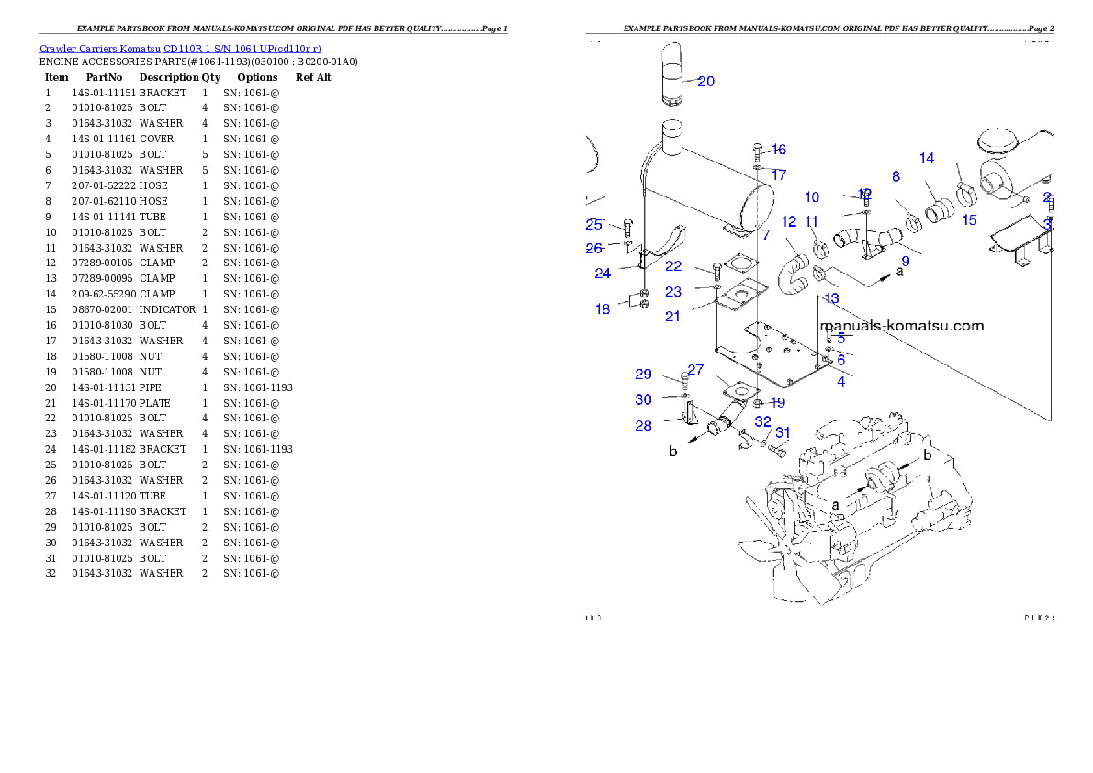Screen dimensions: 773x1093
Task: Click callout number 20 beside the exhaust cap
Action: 705,81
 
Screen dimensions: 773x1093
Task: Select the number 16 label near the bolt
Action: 779,150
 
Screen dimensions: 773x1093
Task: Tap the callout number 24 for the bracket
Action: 603,273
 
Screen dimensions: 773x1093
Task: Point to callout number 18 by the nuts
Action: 603,309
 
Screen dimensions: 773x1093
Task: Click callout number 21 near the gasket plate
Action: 673,316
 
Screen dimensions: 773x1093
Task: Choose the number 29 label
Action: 643,375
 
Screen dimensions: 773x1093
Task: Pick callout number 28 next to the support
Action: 643,426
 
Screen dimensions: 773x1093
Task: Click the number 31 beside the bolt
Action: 783,432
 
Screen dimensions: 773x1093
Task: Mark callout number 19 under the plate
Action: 778,402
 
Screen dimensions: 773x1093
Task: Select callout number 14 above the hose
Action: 927,158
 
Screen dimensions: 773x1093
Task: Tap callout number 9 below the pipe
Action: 905,262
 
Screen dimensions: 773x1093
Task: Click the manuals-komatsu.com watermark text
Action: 901,326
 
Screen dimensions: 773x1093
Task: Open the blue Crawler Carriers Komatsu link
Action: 180,48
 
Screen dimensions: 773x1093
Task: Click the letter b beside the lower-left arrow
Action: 673,452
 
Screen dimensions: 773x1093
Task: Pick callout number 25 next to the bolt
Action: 593,224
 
